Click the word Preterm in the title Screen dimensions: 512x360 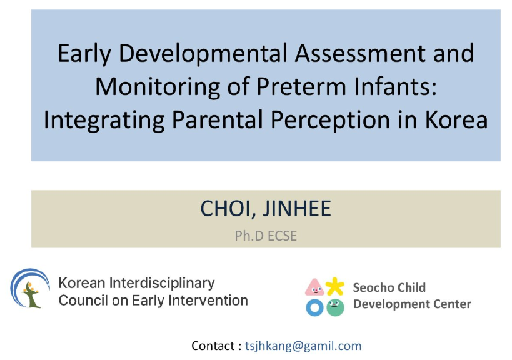tap(301, 86)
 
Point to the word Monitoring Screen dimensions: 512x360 tap(158, 87)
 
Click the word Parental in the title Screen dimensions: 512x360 tap(217, 119)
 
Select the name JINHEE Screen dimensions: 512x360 tap(297, 208)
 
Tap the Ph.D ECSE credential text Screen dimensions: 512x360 tap(266, 236)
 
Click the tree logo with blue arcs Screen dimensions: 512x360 tap(30, 288)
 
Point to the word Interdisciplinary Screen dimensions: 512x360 tap(162, 283)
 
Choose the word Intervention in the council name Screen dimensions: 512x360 tap(208, 301)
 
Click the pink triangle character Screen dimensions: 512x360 tap(314, 287)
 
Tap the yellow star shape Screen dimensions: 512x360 tap(334, 286)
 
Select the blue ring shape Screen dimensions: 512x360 tap(315, 307)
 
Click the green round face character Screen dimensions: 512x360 tap(335, 307)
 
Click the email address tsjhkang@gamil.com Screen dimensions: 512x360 tap(303, 346)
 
